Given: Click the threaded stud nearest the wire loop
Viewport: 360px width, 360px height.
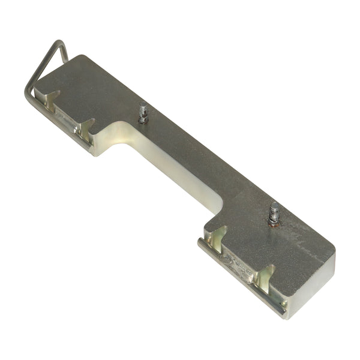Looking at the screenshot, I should click(143, 112).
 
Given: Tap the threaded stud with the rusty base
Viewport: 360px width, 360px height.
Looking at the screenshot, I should click(275, 212).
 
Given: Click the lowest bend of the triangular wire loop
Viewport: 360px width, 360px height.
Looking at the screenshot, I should click(28, 96).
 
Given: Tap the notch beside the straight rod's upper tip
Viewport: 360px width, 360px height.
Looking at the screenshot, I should click(217, 236).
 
